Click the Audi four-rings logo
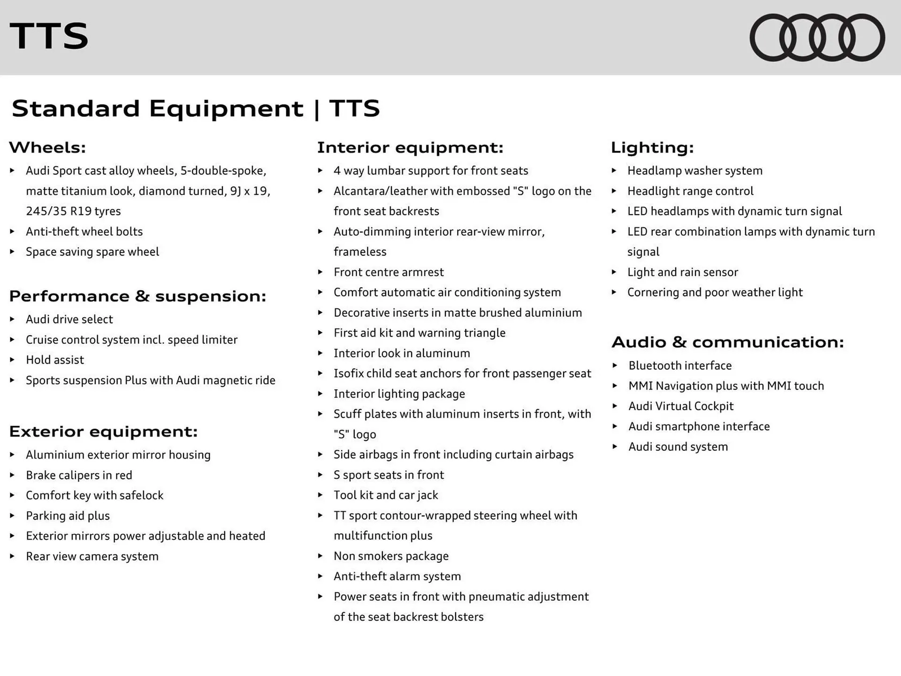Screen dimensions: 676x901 click(817, 38)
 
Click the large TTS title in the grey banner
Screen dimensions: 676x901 click(49, 36)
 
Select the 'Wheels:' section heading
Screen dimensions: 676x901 click(47, 147)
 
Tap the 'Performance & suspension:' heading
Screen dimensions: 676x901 click(137, 296)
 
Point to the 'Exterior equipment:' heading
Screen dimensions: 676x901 click(103, 431)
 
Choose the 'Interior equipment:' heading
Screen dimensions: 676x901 click(410, 147)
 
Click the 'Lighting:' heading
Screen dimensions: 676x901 click(652, 147)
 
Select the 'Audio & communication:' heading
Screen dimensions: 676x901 click(727, 342)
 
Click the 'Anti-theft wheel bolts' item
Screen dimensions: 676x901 click(84, 231)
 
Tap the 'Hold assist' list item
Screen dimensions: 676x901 click(55, 360)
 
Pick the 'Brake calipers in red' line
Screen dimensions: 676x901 click(79, 475)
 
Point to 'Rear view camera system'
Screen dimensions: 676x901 click(92, 556)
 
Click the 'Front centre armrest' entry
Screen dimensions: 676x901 click(389, 272)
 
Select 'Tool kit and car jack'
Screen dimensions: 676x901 click(386, 495)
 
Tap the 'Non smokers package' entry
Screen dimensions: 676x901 click(391, 556)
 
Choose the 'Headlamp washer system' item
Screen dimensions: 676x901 click(695, 171)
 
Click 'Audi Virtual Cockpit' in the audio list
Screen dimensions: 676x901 click(680, 406)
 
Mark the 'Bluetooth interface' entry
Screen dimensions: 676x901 click(680, 366)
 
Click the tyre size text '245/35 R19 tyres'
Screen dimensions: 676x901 click(73, 211)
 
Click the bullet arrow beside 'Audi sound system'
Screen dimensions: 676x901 click(615, 446)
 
